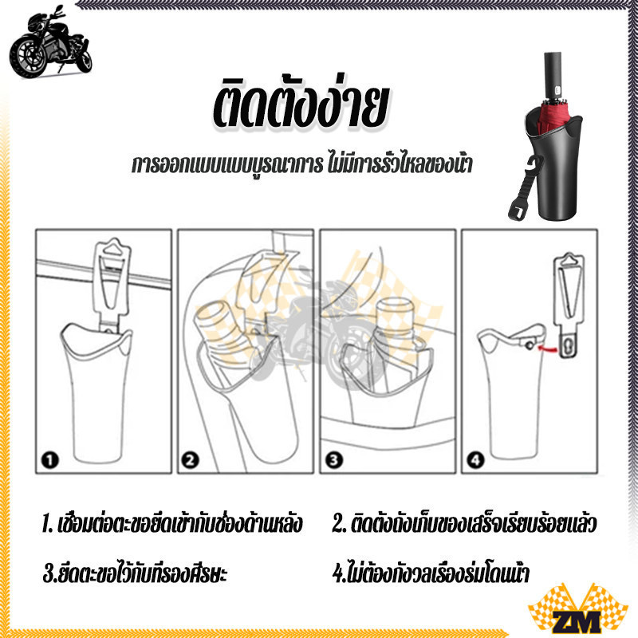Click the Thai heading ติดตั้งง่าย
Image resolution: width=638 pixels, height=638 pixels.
coord(301,105)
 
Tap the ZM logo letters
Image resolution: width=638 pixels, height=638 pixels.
coord(577,622)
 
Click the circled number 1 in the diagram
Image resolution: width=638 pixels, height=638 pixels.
coord(50,460)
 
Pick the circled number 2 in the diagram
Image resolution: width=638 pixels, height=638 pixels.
coord(190,460)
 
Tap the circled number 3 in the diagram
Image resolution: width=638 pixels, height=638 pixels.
coord(333,460)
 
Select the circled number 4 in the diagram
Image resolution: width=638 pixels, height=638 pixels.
coord(475,460)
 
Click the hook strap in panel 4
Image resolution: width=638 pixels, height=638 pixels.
coord(569,305)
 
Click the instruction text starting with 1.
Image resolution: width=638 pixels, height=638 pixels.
coord(172,524)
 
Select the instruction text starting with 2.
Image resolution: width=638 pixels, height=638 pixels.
coord(464,524)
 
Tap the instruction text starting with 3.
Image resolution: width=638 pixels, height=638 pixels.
coord(135,573)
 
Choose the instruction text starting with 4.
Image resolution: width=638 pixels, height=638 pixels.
coord(431,573)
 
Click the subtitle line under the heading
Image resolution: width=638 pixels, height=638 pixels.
coord(302,165)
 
